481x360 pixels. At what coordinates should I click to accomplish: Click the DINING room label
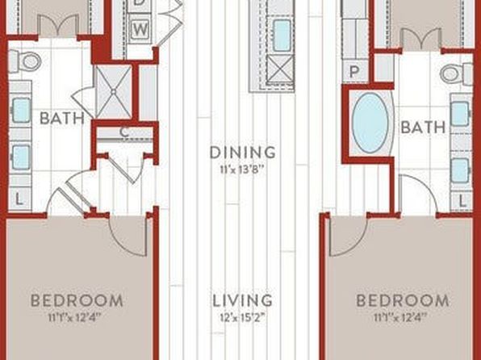point(242,153)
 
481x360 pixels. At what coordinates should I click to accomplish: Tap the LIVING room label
point(242,300)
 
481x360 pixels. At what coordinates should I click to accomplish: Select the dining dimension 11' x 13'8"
point(242,170)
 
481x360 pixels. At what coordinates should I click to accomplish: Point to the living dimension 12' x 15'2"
point(242,318)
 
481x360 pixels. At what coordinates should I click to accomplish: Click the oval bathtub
point(370,123)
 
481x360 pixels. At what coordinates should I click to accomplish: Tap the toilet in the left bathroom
point(25,61)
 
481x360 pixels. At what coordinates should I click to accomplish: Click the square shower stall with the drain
point(114,91)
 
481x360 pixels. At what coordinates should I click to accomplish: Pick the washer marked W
point(140,30)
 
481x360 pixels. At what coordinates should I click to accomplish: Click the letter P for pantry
point(354,72)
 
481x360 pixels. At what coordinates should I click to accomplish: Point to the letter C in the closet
point(124,132)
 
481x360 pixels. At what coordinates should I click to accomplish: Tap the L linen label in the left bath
point(19,200)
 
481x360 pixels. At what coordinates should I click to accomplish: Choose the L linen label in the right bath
point(462,201)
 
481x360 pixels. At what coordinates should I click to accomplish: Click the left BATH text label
point(62,118)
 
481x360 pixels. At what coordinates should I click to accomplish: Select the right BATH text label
point(423,128)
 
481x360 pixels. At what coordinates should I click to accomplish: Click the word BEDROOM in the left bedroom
point(77,300)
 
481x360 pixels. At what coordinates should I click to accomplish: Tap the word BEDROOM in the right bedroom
point(403,300)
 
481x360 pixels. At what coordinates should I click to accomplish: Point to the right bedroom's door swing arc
point(358,242)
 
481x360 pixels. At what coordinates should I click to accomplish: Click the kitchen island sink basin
point(282,36)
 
